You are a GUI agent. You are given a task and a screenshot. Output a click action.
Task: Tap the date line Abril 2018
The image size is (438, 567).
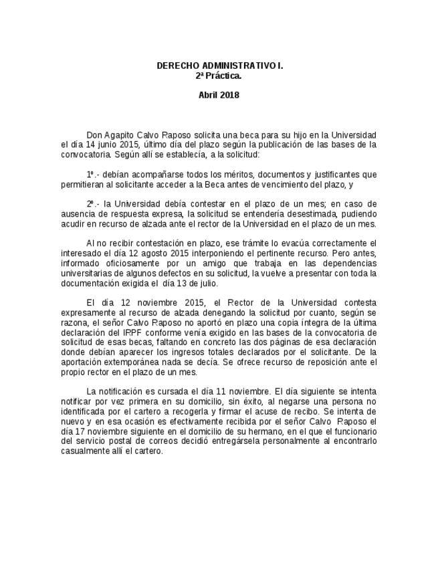[x=219, y=95]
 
